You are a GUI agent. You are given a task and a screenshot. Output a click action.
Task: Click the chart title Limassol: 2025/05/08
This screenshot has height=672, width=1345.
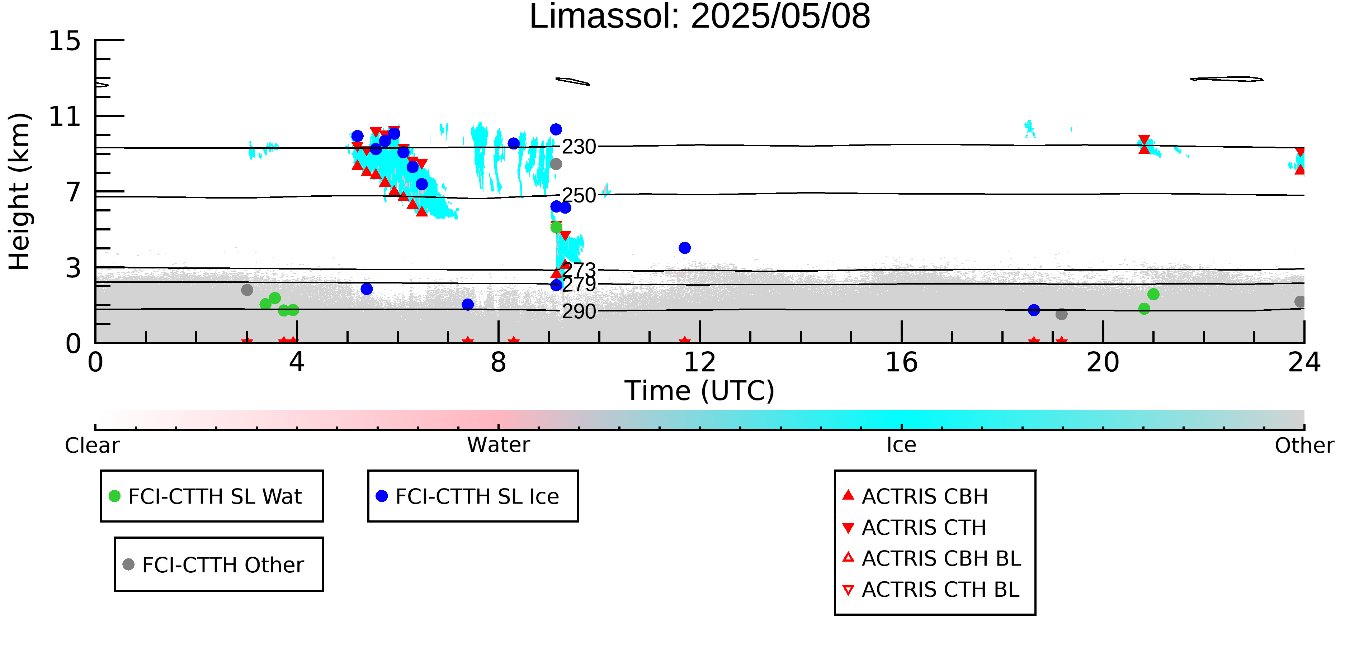point(700,17)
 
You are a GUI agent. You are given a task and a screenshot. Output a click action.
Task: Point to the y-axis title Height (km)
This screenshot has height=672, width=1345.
point(20,191)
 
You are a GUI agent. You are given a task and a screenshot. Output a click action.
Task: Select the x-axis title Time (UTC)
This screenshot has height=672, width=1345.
point(700,391)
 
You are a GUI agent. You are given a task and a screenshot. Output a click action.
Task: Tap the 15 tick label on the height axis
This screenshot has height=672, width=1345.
point(65,41)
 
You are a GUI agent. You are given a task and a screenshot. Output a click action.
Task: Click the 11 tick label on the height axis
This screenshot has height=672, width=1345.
point(65,116)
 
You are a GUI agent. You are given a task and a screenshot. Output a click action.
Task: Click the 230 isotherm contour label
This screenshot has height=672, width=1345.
point(579,147)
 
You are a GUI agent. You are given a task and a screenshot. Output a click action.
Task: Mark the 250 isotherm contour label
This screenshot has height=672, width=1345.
point(579,196)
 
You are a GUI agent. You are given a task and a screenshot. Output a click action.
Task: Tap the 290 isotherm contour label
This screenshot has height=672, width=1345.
point(579,311)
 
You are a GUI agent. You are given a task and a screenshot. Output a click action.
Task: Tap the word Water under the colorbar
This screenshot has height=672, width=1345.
point(499,445)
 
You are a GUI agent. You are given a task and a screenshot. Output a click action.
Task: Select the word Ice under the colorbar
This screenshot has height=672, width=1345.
point(901,445)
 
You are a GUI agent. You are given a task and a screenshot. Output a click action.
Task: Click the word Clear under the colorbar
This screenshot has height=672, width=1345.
point(92,445)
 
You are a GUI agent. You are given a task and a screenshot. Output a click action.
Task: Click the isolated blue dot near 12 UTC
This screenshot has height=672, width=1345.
point(684,248)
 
